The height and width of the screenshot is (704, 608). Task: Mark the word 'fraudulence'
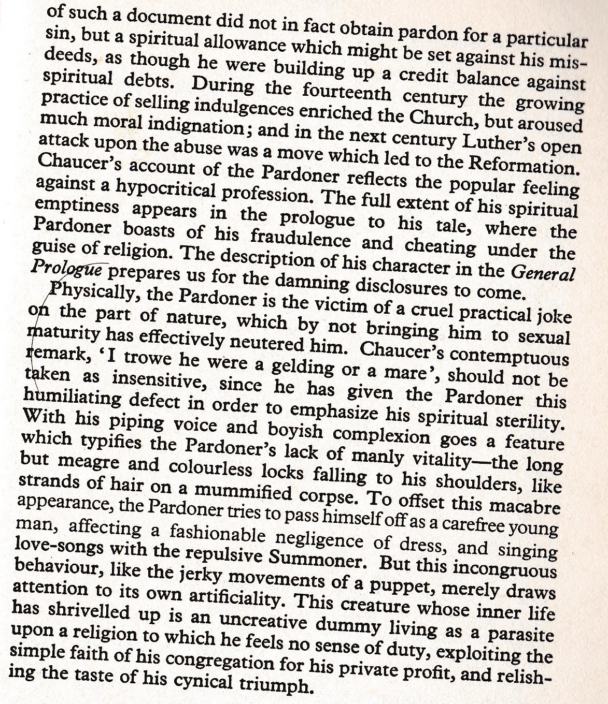point(301,238)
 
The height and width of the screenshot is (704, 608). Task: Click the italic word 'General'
point(543,273)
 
